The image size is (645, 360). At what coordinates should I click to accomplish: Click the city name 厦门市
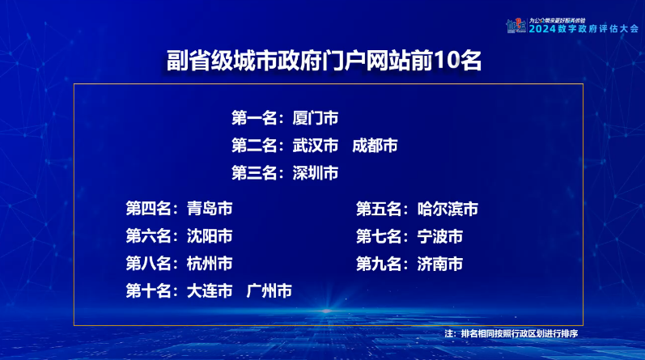tap(316, 118)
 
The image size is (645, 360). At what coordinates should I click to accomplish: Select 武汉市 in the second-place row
tap(316, 146)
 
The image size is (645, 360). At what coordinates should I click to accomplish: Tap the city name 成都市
tap(375, 146)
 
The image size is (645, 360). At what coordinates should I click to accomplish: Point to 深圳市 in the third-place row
tap(316, 173)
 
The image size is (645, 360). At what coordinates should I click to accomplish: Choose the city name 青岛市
tap(210, 209)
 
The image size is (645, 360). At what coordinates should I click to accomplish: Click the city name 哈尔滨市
tap(448, 209)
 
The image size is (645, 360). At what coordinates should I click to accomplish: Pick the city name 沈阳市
tap(210, 236)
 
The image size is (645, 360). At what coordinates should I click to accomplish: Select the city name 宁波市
tap(440, 236)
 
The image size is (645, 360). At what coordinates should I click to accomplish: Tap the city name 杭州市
tap(210, 264)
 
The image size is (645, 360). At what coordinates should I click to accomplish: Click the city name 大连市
tap(210, 291)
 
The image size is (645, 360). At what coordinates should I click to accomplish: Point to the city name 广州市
tap(269, 291)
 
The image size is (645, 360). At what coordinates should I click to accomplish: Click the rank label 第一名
tap(254, 118)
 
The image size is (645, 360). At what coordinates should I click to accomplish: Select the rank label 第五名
tap(379, 209)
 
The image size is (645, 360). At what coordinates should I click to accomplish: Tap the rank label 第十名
tap(148, 291)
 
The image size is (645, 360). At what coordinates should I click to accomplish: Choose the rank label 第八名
tap(148, 264)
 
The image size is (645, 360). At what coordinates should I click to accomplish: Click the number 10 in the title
tap(446, 61)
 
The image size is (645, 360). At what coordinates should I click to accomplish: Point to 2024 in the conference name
tap(542, 29)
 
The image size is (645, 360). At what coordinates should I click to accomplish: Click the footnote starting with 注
tap(511, 333)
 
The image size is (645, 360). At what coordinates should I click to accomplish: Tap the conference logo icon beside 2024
tap(516, 26)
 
